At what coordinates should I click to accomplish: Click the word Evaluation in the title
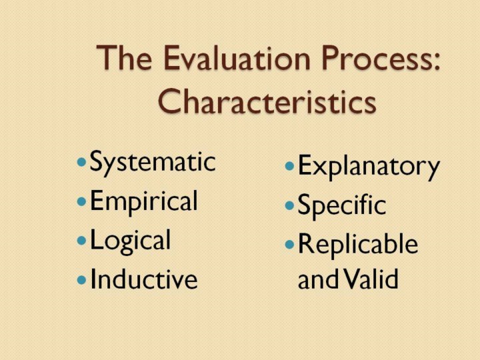(x=237, y=58)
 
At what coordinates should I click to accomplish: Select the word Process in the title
(x=374, y=58)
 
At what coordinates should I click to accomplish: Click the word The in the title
(x=124, y=57)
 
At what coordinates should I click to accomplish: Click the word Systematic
(x=153, y=163)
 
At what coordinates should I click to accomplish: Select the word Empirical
(x=144, y=201)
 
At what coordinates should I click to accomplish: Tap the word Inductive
(x=144, y=278)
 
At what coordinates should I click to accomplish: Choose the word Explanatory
(x=369, y=167)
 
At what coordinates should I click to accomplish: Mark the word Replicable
(x=358, y=244)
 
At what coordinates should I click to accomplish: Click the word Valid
(x=371, y=278)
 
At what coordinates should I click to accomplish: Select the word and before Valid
(x=319, y=279)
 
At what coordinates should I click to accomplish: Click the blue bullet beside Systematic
(x=81, y=161)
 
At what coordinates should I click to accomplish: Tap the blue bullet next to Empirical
(x=81, y=201)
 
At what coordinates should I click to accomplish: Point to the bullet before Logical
(x=81, y=240)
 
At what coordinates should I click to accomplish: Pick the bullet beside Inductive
(x=81, y=279)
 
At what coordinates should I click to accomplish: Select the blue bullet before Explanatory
(x=289, y=166)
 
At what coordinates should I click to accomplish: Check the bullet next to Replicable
(x=289, y=245)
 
